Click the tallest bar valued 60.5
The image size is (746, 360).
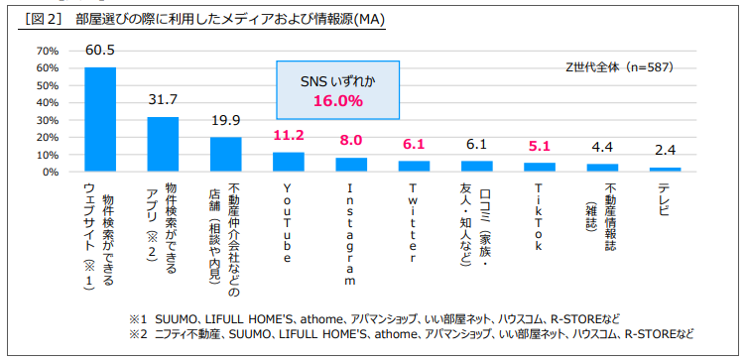(x=99, y=119)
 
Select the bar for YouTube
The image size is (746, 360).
(x=289, y=162)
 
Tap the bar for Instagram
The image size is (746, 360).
(x=350, y=165)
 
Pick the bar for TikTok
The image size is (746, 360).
(x=539, y=167)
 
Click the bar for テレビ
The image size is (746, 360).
(x=665, y=170)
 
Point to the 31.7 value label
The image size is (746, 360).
(x=162, y=100)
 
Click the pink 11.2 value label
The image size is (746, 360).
(x=288, y=136)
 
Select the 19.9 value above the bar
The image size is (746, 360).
(x=225, y=120)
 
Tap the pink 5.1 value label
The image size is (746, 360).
(x=539, y=145)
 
